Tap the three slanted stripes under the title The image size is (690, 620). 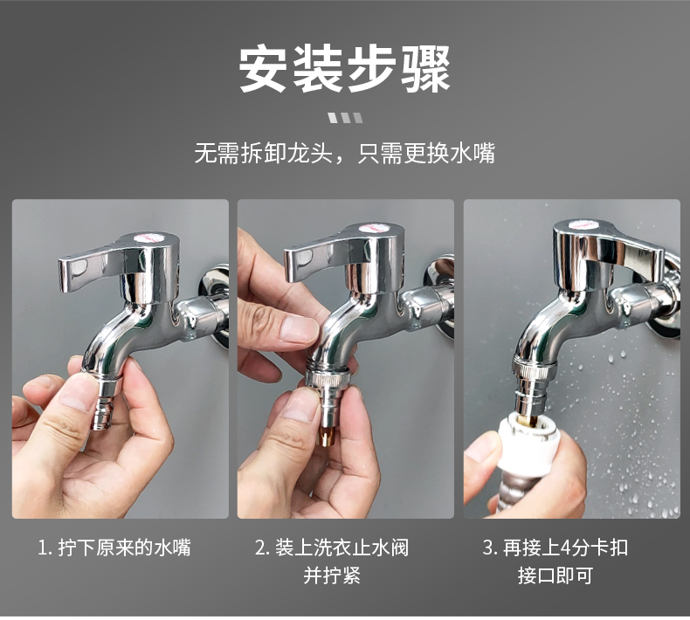(345, 118)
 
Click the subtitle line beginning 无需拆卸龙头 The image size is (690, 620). (345, 155)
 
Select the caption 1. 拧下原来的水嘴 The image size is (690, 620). (114, 548)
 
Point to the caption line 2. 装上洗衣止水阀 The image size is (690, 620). (332, 548)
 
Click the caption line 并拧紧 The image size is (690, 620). (332, 575)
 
